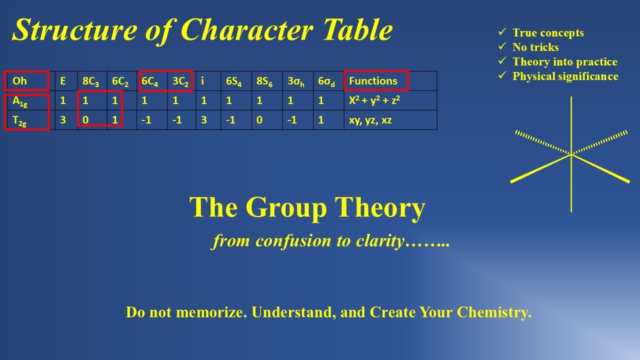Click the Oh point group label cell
(x=20, y=81)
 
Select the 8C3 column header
(x=91, y=81)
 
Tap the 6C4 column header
(x=150, y=81)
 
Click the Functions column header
(x=373, y=81)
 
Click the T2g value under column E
(x=63, y=120)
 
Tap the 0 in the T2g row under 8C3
(x=85, y=120)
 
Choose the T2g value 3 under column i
(x=203, y=120)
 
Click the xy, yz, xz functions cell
(x=370, y=120)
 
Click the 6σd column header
(x=327, y=81)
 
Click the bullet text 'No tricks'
(x=535, y=47)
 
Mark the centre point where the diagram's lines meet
(x=571, y=154)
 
